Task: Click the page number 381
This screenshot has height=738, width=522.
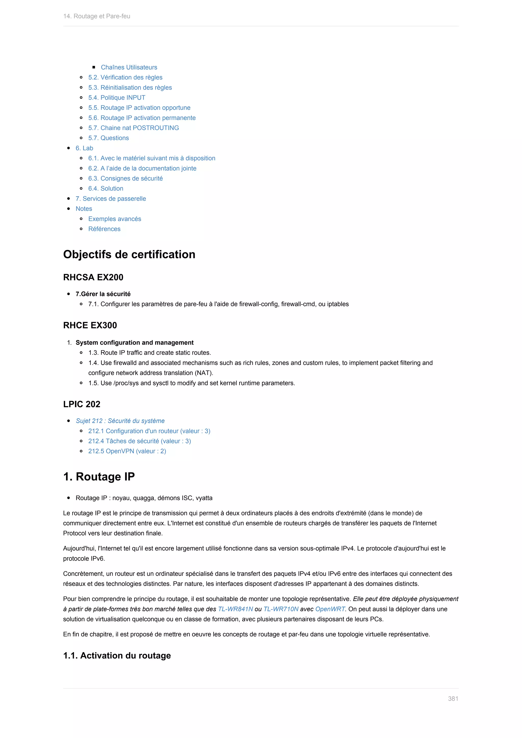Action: (453, 699)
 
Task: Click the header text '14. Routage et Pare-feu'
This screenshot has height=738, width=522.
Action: (97, 16)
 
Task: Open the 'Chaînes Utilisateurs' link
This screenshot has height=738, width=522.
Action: (129, 67)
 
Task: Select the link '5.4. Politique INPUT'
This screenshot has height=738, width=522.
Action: (117, 97)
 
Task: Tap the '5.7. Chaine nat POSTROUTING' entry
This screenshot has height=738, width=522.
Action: (133, 128)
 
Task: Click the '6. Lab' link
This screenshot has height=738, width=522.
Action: (84, 148)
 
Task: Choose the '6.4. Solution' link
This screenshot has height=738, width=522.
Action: (106, 188)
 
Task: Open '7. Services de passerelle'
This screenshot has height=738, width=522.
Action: (111, 199)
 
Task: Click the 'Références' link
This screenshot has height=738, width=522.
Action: (104, 229)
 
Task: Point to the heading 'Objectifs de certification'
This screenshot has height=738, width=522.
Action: (129, 254)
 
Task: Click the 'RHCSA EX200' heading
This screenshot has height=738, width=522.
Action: (93, 277)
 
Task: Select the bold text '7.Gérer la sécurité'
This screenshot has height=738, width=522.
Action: (103, 294)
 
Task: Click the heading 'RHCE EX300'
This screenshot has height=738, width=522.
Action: (90, 325)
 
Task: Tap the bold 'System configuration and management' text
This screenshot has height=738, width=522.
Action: (134, 343)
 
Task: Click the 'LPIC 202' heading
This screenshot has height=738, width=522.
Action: (82, 404)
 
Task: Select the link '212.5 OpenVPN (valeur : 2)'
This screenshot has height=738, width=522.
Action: (127, 451)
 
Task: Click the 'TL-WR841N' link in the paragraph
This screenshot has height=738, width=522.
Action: (235, 609)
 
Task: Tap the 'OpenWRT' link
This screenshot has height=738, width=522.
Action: (330, 609)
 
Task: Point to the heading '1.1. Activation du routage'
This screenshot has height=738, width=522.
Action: (117, 655)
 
